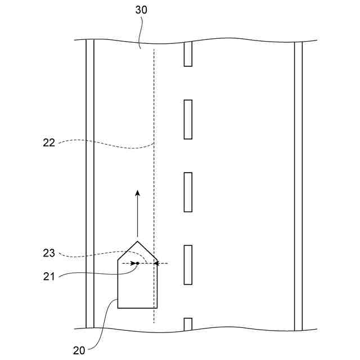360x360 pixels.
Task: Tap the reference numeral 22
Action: pyautogui.click(x=49, y=143)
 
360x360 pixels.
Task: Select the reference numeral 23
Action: pyautogui.click(x=49, y=253)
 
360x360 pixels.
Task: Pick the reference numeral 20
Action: pyautogui.click(x=79, y=350)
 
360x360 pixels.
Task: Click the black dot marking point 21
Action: pyautogui.click(x=137, y=263)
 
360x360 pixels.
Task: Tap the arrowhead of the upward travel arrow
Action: pyautogui.click(x=137, y=193)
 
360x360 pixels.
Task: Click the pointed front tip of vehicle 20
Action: pyautogui.click(x=137, y=242)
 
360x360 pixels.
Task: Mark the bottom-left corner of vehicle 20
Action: pyautogui.click(x=117, y=308)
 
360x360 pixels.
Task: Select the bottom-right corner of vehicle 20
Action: pyautogui.click(x=157, y=308)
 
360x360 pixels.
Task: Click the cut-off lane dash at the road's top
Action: pyautogui.click(x=188, y=54)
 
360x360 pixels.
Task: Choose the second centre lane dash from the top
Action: pyautogui.click(x=188, y=119)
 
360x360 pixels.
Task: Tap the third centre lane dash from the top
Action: pyautogui.click(x=188, y=192)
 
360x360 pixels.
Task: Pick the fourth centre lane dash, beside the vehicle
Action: pyautogui.click(x=188, y=265)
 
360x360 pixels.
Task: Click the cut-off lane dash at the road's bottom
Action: pyautogui.click(x=188, y=323)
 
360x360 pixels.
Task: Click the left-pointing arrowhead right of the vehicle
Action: pyautogui.click(x=157, y=263)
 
